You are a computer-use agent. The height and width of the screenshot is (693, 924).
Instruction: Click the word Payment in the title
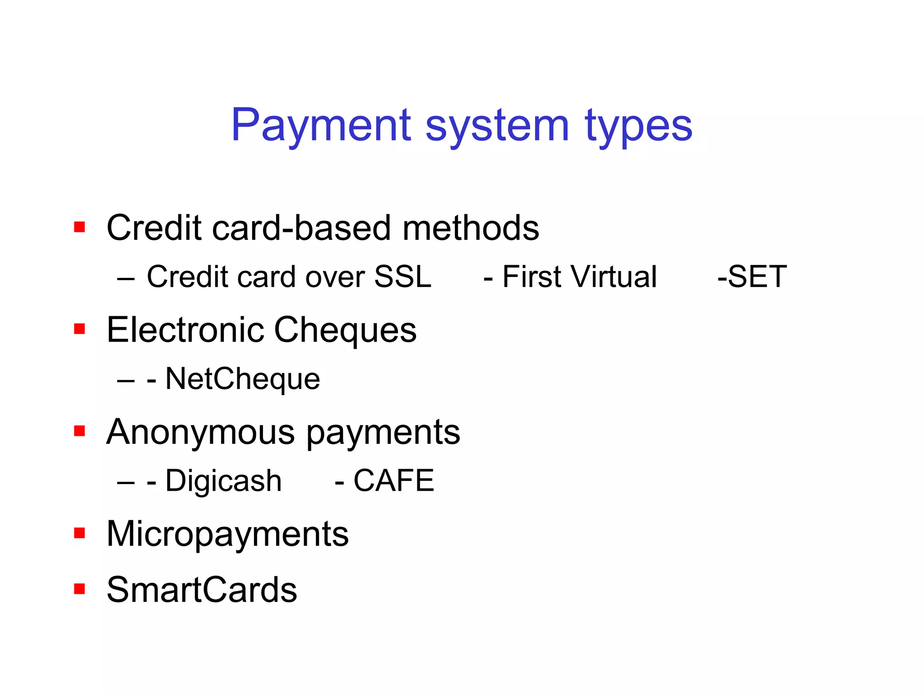(x=321, y=125)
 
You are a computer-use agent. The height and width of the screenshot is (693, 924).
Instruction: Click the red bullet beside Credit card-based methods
(x=79, y=226)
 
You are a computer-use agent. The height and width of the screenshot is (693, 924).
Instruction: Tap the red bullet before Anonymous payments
(x=79, y=431)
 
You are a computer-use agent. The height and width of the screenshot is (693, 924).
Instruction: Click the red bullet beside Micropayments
(x=79, y=533)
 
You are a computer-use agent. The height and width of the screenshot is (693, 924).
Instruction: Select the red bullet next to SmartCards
(x=79, y=589)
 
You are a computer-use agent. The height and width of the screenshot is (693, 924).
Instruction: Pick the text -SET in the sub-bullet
(x=752, y=277)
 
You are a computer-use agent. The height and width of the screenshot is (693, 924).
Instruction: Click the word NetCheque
(x=243, y=379)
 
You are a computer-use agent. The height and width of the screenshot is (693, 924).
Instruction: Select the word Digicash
(x=223, y=481)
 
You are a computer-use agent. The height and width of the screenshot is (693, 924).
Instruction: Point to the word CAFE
(x=393, y=480)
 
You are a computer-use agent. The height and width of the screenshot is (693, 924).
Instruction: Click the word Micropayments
(x=227, y=535)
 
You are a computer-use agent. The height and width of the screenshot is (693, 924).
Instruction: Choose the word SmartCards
(x=202, y=590)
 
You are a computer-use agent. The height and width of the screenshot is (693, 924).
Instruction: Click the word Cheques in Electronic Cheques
(x=345, y=331)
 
